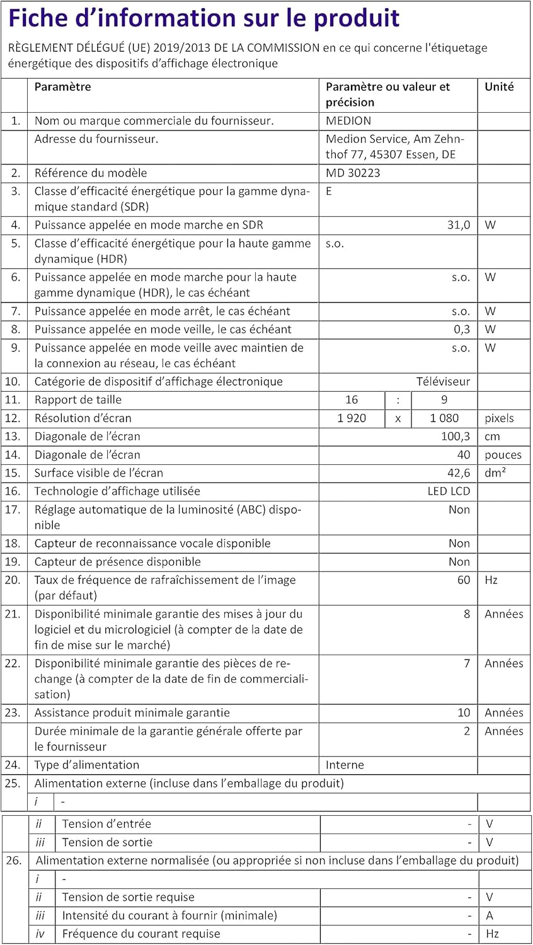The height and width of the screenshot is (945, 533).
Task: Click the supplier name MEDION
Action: tap(348, 121)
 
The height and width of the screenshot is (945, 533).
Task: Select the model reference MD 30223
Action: tap(353, 173)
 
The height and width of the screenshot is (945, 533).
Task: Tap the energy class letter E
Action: tap(329, 192)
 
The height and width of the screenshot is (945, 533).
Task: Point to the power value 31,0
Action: tap(459, 225)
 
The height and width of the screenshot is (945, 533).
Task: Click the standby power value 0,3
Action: tap(462, 329)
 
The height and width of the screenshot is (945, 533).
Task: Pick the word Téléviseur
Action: tap(443, 382)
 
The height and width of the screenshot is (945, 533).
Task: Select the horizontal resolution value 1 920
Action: tap(352, 418)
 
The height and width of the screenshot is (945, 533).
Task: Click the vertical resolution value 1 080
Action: tap(444, 418)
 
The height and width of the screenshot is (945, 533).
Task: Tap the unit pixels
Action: tap(499, 418)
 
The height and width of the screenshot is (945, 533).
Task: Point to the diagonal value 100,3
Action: tap(456, 437)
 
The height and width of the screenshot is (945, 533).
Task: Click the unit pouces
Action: tap(503, 455)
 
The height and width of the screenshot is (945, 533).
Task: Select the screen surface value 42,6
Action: tap(459, 473)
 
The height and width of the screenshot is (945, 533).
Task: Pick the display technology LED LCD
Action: tap(449, 491)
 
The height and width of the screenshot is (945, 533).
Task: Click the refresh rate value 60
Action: tap(464, 580)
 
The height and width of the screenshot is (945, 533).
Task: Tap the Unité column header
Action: tap(499, 87)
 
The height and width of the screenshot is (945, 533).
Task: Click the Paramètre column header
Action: tap(62, 87)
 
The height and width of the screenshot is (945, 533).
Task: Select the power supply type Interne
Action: tap(345, 765)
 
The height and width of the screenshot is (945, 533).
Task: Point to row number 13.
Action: tap(13, 437)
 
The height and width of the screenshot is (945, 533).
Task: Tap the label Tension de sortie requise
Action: tap(128, 897)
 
